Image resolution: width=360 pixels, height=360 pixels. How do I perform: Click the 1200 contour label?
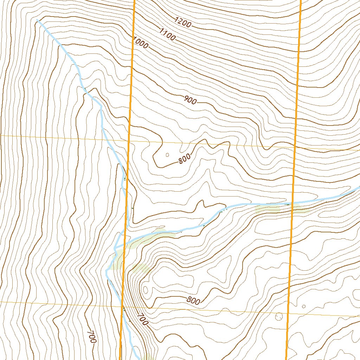pyautogui.click(x=183, y=23)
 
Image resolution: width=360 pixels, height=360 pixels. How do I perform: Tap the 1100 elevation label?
pyautogui.click(x=167, y=34)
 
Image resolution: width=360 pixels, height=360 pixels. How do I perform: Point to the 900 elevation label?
pyautogui.click(x=190, y=101)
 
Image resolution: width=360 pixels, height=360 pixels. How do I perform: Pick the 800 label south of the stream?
pyautogui.click(x=193, y=300)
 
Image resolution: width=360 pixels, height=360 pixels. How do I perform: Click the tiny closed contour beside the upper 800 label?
pyautogui.click(x=167, y=154)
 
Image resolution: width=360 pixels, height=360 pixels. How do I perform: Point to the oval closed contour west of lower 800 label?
pyautogui.click(x=145, y=290)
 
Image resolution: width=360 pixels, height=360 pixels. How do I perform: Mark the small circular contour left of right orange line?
pyautogui.click(x=279, y=317)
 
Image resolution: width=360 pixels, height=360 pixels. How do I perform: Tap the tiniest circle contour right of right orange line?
pyautogui.click(x=304, y=307)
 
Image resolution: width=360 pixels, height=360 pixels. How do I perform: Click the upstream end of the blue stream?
pyautogui.click(x=37, y=20)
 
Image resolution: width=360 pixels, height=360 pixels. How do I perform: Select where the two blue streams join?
pyautogui.click(x=115, y=248)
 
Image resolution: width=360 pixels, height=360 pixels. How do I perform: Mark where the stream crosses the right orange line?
pyautogui.click(x=292, y=203)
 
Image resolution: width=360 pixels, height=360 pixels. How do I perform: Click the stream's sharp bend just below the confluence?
pyautogui.click(x=107, y=271)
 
